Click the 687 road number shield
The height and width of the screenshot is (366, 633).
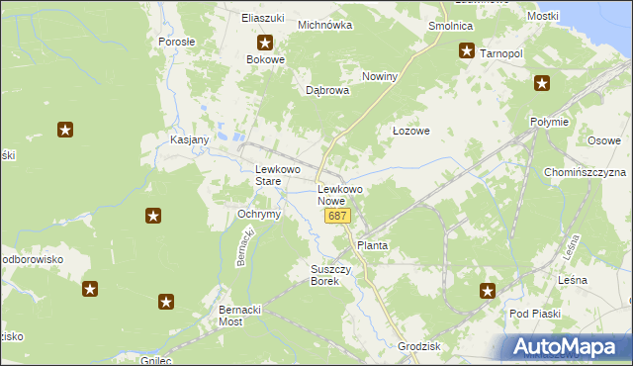point(338,216)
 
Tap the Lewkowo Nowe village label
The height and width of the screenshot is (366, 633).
point(340,195)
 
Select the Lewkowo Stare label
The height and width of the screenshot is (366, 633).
point(277,175)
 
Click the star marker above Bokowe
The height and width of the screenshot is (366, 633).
point(265,44)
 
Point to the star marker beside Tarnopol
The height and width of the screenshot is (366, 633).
point(466,52)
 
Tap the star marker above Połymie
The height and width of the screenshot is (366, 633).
point(541,84)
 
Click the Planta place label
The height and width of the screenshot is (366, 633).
point(372,244)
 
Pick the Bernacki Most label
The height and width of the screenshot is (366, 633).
point(243,316)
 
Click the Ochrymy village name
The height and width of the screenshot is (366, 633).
point(260,214)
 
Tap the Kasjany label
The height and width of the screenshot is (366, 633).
point(189,139)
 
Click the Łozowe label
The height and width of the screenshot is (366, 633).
point(410,131)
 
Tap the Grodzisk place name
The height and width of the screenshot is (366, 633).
point(419,347)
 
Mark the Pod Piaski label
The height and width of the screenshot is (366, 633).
point(535,314)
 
